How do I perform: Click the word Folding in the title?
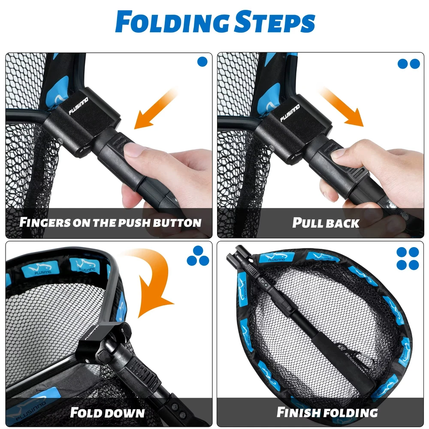tap(172, 22)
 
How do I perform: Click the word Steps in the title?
tap(275, 22)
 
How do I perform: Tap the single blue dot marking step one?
tap(202, 62)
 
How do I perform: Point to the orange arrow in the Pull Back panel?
tap(341, 107)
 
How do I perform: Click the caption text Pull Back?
tap(326, 223)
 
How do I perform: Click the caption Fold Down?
tap(107, 413)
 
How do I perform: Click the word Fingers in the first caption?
tap(45, 222)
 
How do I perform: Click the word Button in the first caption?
tap(177, 223)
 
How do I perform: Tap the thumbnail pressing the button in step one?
tap(133, 150)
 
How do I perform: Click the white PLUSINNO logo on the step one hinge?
tap(78, 106)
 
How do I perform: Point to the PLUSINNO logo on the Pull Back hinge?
tap(290, 113)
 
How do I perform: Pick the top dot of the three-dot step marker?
tap(198, 251)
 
